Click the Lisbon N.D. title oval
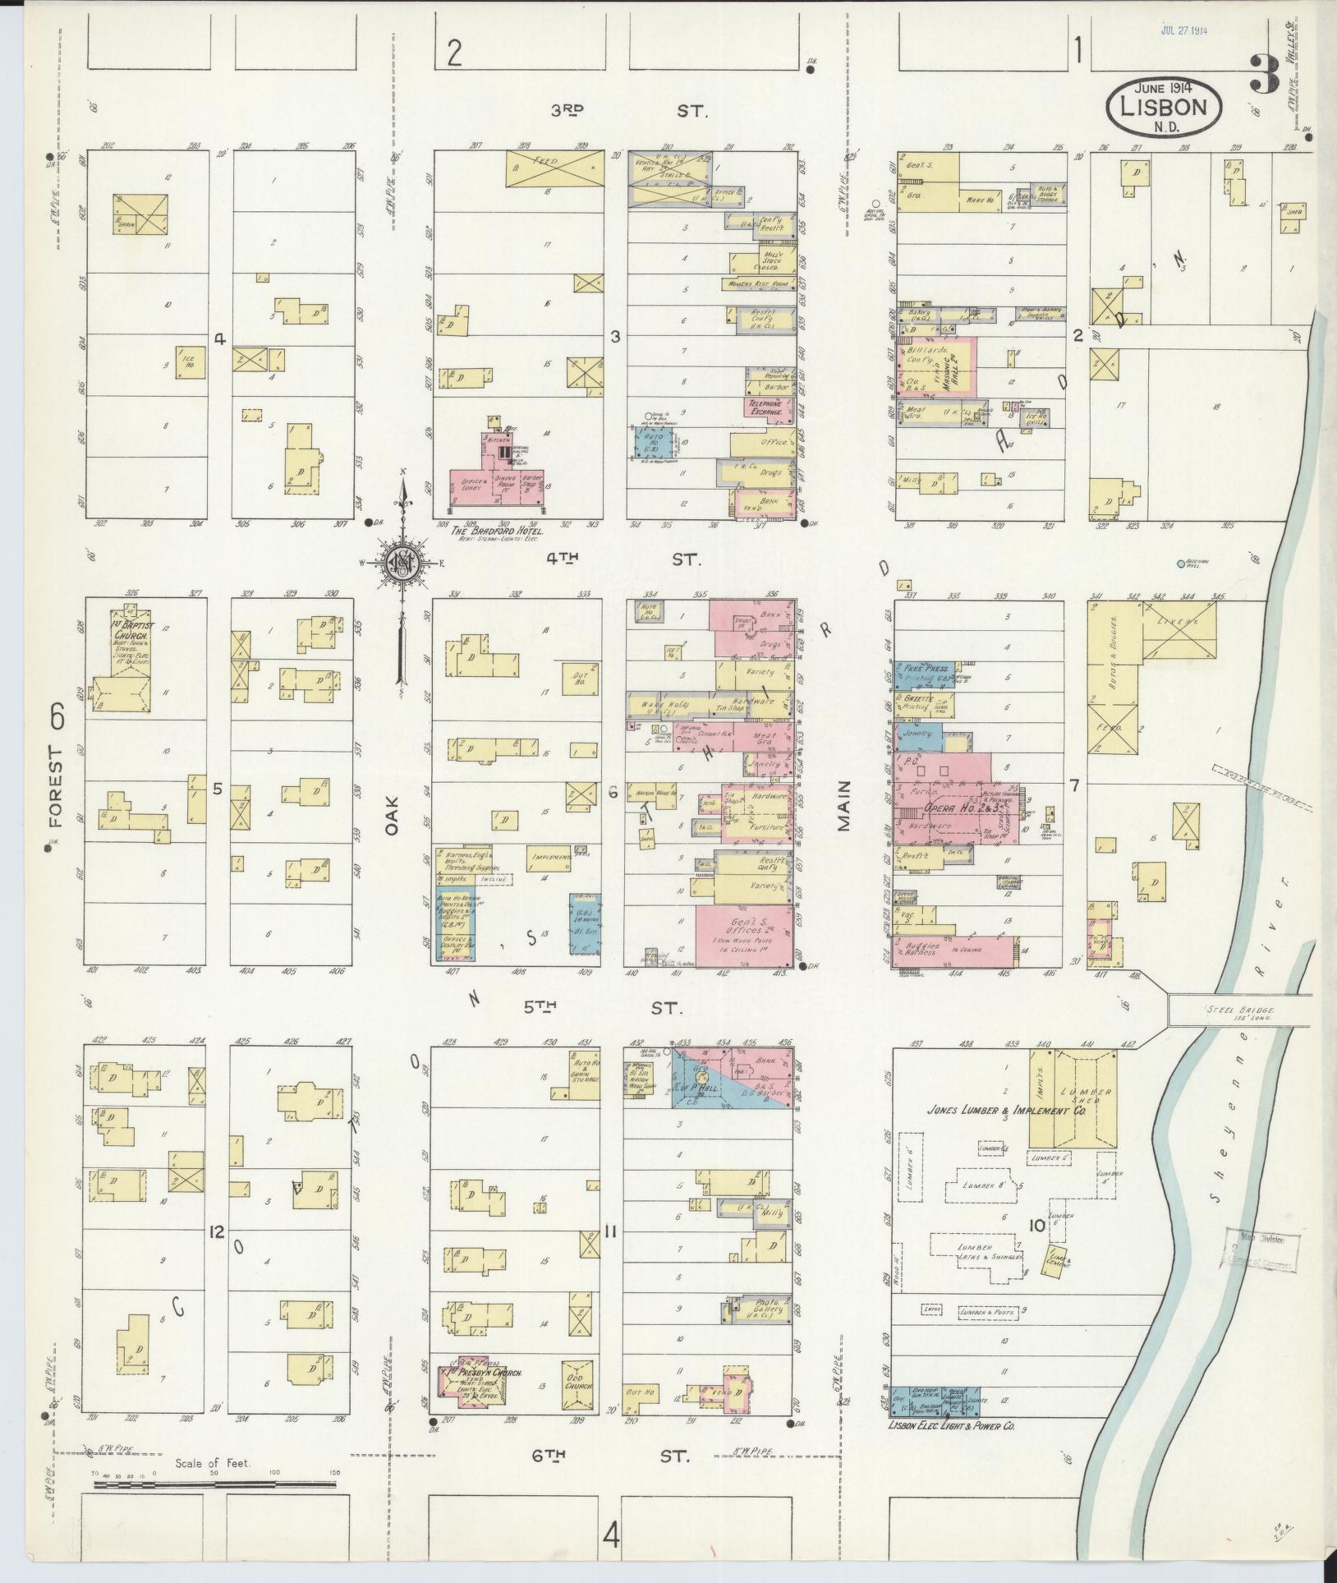[1163, 104]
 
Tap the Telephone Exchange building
[765, 407]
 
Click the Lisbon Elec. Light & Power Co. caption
[951, 1426]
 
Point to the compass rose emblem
[402, 564]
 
